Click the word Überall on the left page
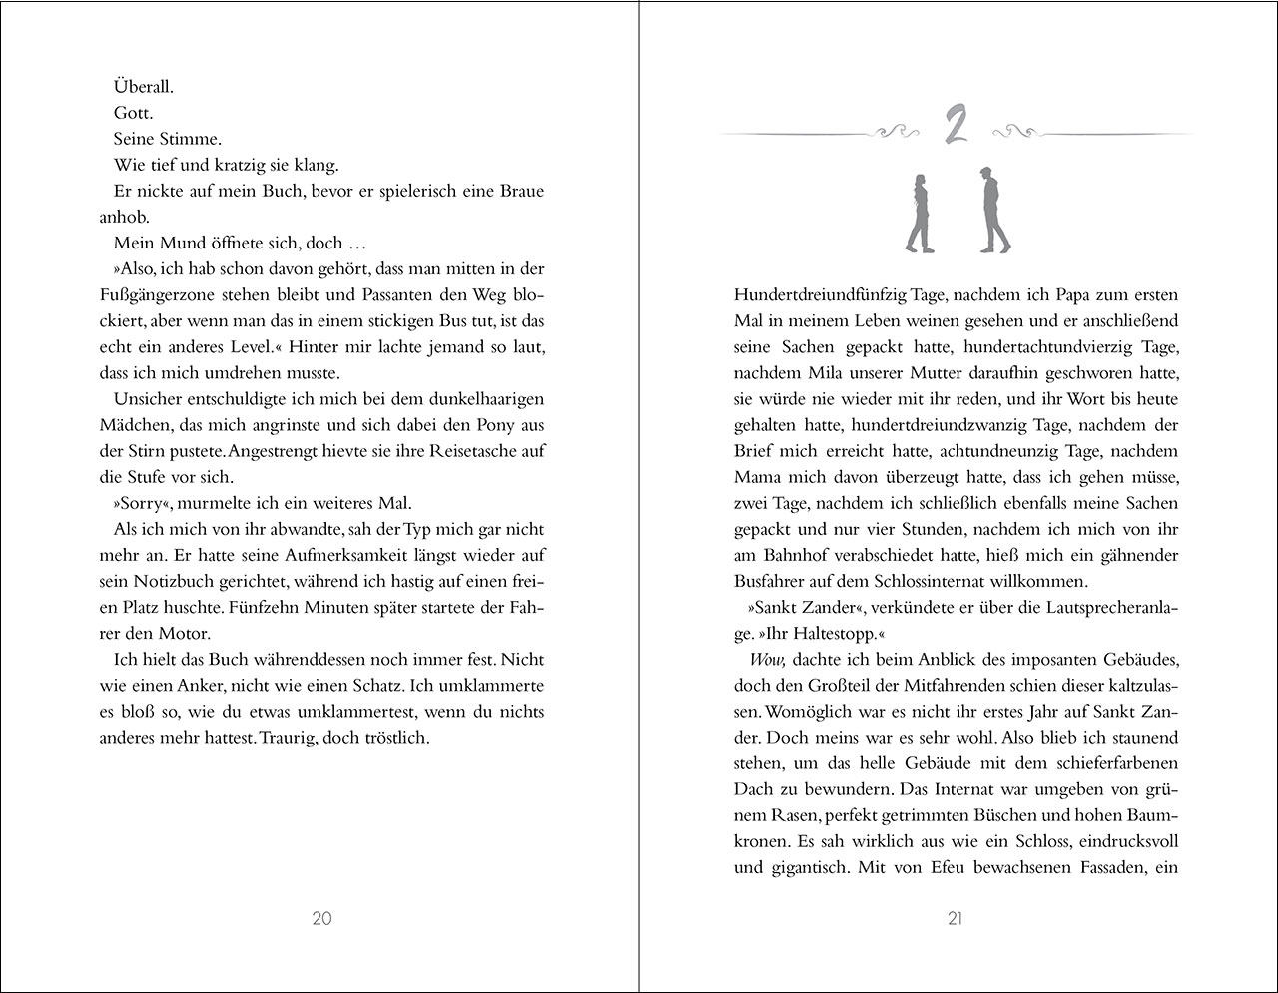coord(144,87)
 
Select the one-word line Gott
coord(133,113)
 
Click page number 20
coord(321,919)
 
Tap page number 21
coord(955,919)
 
